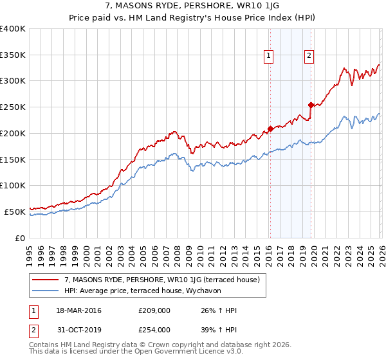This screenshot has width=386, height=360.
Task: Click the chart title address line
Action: coord(192,6)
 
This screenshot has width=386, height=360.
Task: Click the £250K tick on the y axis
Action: coord(13,107)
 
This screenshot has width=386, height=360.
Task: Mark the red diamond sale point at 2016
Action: coord(270,129)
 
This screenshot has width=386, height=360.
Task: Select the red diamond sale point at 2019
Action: coord(311,105)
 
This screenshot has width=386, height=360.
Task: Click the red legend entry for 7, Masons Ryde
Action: coord(161,280)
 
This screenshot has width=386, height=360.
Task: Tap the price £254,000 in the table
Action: coord(154,329)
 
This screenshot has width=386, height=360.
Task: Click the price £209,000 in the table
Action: coord(154,310)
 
